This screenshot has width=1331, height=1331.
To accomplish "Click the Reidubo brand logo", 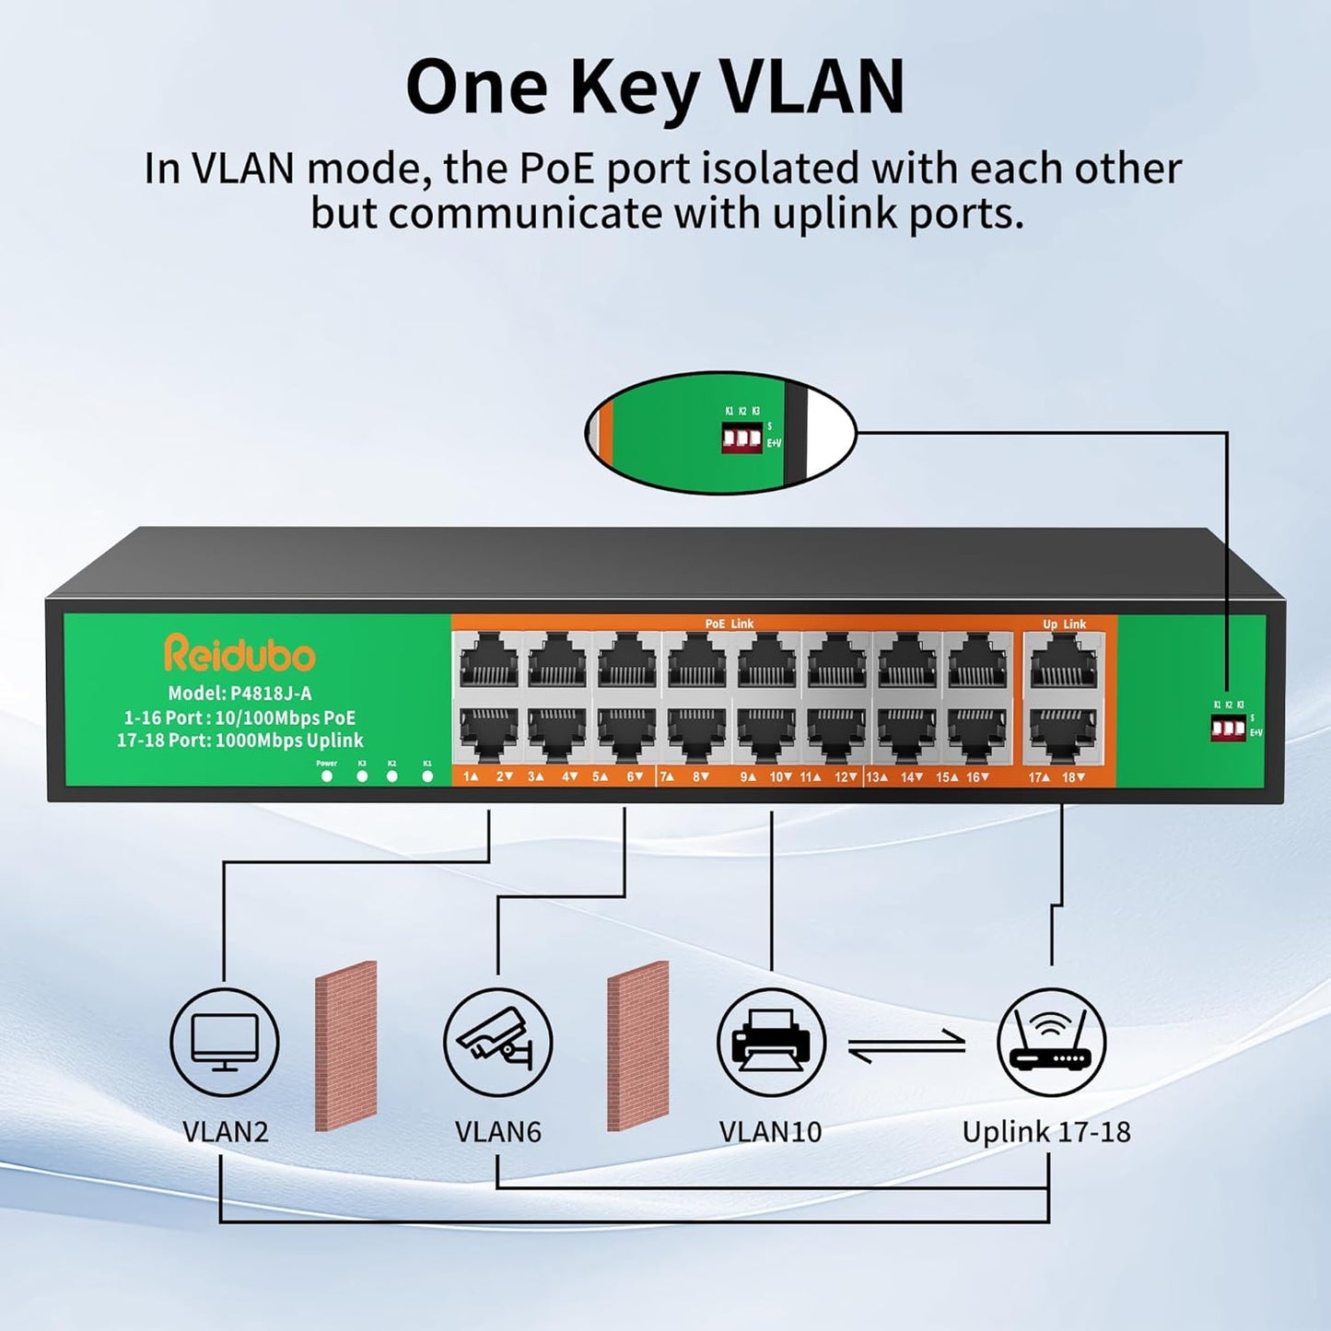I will [239, 654].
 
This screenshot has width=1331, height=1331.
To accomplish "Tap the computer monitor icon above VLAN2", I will [225, 1042].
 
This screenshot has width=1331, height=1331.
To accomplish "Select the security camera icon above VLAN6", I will [497, 1042].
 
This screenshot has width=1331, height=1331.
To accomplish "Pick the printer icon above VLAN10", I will [771, 1042].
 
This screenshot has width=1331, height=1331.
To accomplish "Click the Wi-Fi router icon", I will [1050, 1042].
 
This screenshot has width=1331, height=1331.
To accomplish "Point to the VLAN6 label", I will [497, 1131].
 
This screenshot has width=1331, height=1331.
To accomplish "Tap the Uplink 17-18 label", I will [1046, 1131].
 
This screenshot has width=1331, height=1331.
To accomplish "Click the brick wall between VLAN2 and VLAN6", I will [345, 1045].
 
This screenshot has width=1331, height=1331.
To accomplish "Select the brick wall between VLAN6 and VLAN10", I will [637, 1045].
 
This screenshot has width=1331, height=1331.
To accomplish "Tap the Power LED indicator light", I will [327, 776].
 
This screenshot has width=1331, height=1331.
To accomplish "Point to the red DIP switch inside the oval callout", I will [741, 438].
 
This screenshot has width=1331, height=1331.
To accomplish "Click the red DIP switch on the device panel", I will [1228, 729].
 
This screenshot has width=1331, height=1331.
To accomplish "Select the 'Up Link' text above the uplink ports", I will [1064, 625].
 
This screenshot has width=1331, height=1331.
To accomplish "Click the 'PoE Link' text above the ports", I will [729, 624].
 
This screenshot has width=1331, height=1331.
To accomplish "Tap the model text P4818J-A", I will [239, 694].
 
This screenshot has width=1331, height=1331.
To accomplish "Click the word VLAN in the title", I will [811, 88].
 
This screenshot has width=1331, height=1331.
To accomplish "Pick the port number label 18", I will [1072, 777].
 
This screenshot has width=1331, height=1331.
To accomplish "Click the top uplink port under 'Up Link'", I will [1064, 664].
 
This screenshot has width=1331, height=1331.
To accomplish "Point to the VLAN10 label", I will [770, 1131].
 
